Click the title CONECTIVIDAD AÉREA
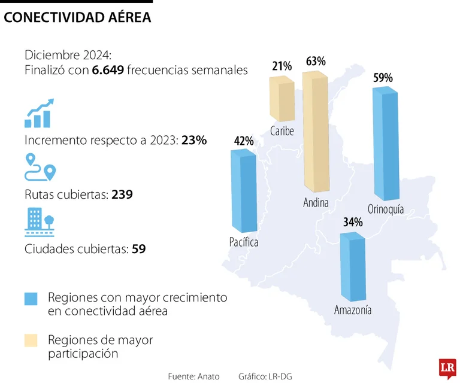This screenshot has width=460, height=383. pyautogui.click(x=77, y=19)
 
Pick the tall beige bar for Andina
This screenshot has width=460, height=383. pyautogui.click(x=316, y=132)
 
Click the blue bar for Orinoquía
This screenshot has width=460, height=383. pyautogui.click(x=385, y=144)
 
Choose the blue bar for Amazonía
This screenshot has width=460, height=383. pyautogui.click(x=352, y=266)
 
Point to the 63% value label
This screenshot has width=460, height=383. pyautogui.click(x=316, y=62)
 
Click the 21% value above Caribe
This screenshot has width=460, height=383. pyautogui.click(x=282, y=66)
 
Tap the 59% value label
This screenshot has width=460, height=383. pyautogui.click(x=383, y=78)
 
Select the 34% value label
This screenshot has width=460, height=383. pyautogui.click(x=353, y=222)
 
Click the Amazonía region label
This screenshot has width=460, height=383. pyautogui.click(x=353, y=310)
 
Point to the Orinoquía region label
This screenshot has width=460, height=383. pyautogui.click(x=386, y=209)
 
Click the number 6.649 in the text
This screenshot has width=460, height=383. pyautogui.click(x=108, y=70)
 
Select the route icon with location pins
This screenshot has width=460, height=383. pyautogui.click(x=40, y=168)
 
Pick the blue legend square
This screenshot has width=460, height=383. pyautogui.click(x=31, y=299)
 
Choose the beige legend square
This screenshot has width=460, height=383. pyautogui.click(x=31, y=341)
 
